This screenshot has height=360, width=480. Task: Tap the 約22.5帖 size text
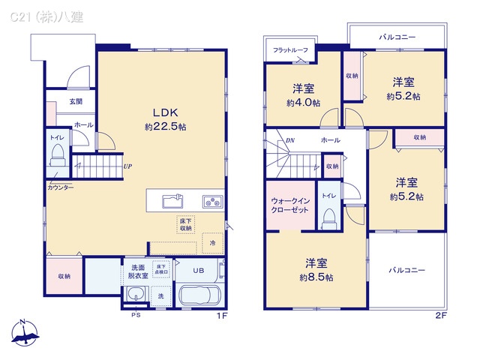click(x=165, y=127)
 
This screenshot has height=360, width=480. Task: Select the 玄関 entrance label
click(x=76, y=101)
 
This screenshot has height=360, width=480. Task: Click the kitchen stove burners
click(x=211, y=200)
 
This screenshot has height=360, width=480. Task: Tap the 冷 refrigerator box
click(x=213, y=243)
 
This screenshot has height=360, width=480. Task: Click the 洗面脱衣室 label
click(x=138, y=271)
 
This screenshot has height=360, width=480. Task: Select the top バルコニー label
click(x=397, y=36)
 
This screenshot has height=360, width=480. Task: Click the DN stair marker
click(x=289, y=140)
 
